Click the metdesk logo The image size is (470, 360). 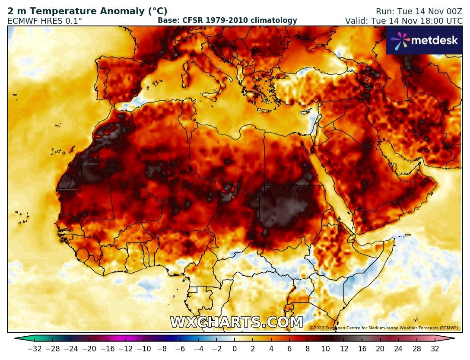[424, 40]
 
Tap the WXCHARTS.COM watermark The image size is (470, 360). [236, 322]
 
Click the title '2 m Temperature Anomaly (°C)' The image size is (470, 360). [87, 11]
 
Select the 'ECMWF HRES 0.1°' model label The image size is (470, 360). [44, 20]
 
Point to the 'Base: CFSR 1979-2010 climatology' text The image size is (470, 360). [227, 20]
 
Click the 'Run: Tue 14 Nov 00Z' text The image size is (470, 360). [419, 11]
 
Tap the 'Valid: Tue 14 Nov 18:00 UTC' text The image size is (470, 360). [403, 20]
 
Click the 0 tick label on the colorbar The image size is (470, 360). [235, 349]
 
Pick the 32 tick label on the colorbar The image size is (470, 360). [435, 349]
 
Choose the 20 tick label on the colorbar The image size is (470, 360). [380, 349]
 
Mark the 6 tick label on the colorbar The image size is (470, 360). [289, 349]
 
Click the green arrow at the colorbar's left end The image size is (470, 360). [18, 339]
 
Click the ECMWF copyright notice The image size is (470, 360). [384, 328]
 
